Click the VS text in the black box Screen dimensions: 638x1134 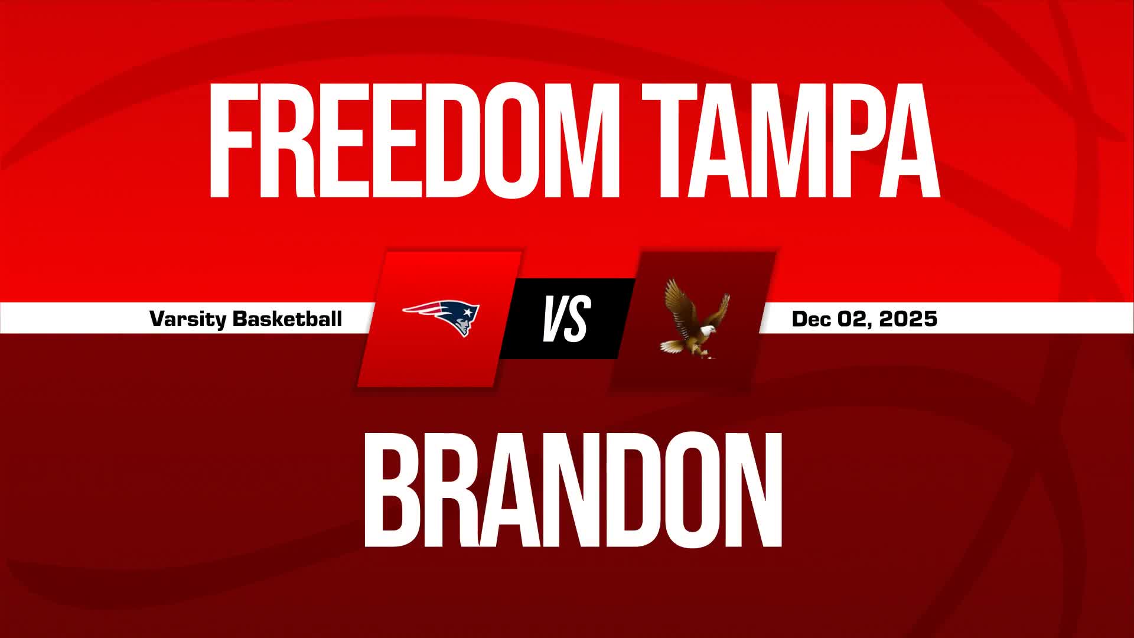tap(566, 319)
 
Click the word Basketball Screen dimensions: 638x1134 tap(288, 319)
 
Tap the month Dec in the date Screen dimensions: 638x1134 tap(811, 319)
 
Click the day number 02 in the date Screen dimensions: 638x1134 tap(852, 319)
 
